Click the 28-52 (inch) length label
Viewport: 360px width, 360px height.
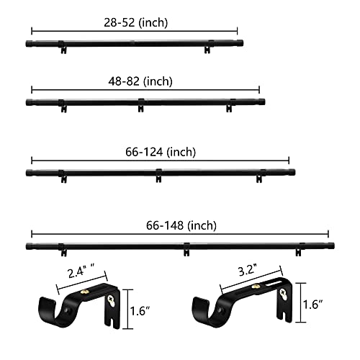[x=135, y=22]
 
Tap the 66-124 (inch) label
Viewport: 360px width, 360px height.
[x=159, y=152]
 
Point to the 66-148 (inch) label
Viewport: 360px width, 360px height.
[x=180, y=225]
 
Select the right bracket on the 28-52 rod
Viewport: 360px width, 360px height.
[x=207, y=48]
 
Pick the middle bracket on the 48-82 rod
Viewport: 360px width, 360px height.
[x=141, y=107]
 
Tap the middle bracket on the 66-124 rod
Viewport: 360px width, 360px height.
[x=158, y=174]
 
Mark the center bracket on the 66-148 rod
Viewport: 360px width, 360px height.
[x=186, y=249]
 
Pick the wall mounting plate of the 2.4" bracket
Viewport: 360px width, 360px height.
[x=112, y=306]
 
